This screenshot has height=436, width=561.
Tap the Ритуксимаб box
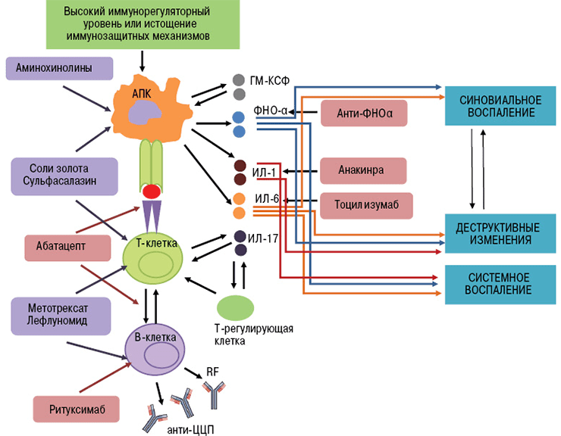(77, 410)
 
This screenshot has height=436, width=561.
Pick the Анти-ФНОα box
(363, 114)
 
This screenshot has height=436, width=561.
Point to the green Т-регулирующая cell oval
(236, 307)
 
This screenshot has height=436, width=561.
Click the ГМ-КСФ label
(269, 79)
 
